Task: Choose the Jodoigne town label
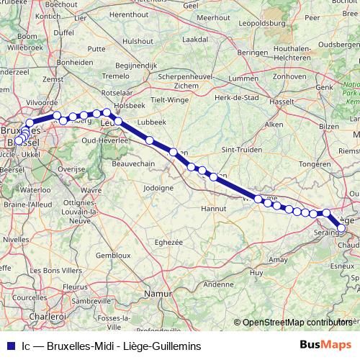158,187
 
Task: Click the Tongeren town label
315,164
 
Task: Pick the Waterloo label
35,190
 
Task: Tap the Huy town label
256,273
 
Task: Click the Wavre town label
91,190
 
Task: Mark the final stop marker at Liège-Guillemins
341,229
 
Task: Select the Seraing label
326,234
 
